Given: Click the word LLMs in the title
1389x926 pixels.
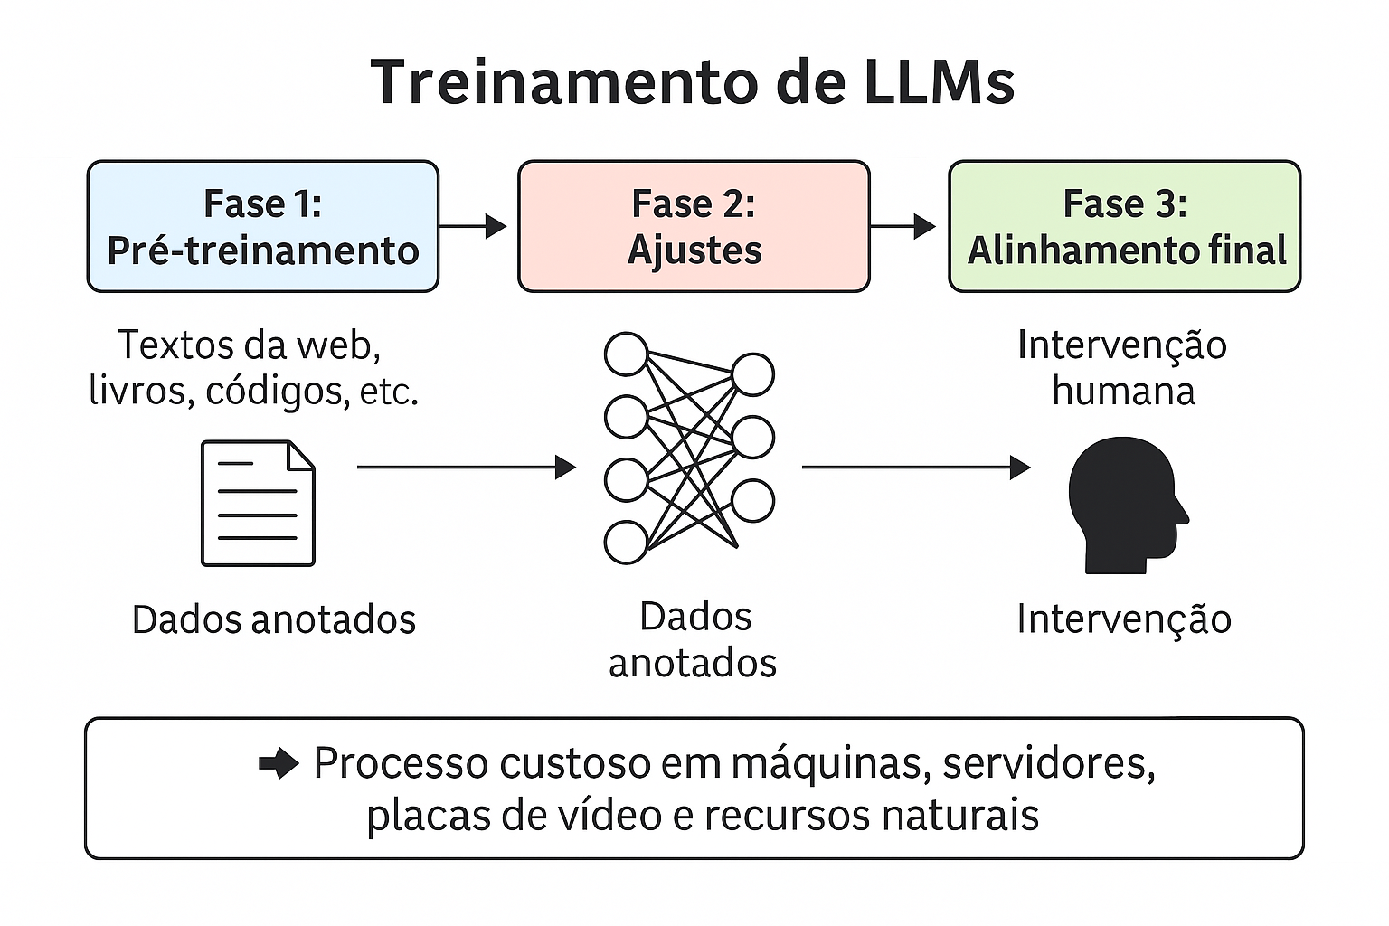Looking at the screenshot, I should click(939, 81).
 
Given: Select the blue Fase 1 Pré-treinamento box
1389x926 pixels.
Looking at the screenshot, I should click(262, 226).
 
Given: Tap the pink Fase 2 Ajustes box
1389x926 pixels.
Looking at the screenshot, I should click(694, 226).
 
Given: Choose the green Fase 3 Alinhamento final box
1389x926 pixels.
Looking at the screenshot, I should click(1124, 226).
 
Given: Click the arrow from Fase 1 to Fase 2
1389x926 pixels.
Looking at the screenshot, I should click(473, 226).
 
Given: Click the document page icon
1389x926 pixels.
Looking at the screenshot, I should click(258, 503).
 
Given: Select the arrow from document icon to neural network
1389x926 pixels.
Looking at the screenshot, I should click(466, 467).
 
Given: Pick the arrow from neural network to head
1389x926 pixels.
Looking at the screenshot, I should click(915, 467).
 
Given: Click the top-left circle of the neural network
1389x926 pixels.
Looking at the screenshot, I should click(626, 354).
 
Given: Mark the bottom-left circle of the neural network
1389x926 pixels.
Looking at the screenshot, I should click(626, 543).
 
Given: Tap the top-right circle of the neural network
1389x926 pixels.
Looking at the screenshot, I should click(752, 374).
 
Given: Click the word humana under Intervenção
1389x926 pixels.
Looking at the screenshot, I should click(1123, 391).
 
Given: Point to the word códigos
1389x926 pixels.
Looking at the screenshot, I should click(278, 391).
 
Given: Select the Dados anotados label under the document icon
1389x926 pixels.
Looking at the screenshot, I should click(273, 619).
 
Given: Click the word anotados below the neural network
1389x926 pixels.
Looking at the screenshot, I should click(693, 663).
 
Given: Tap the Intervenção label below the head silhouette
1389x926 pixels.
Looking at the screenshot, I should click(1123, 619).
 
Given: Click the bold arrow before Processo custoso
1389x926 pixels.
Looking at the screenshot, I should click(279, 764).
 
